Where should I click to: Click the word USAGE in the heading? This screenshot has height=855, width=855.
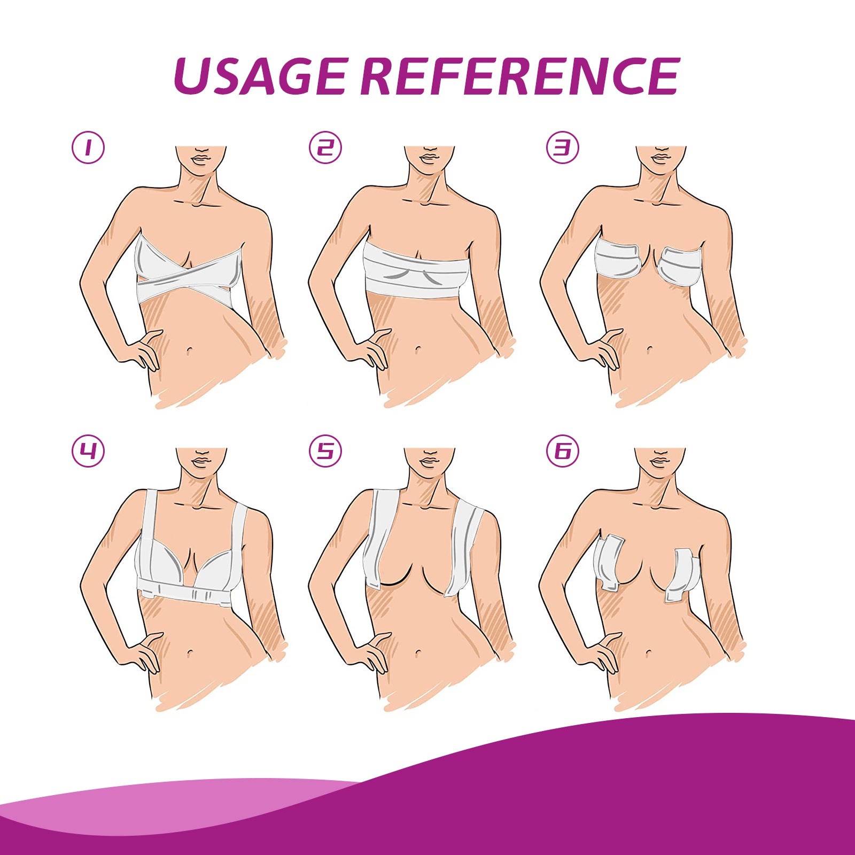[x=260, y=76]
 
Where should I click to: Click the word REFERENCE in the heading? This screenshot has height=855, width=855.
[x=520, y=76]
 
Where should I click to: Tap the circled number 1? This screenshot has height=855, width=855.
[x=88, y=147]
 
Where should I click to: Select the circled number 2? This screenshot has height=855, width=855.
[x=325, y=147]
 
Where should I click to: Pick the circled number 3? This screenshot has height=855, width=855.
[x=562, y=147]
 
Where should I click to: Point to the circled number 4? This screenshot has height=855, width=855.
[x=88, y=451]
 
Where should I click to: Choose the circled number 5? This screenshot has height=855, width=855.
[x=325, y=451]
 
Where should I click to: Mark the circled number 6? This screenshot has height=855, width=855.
[x=562, y=451]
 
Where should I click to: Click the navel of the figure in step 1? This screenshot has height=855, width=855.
[x=190, y=351]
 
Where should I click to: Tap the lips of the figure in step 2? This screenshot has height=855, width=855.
[x=429, y=159]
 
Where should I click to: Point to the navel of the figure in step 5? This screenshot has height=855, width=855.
[x=418, y=653]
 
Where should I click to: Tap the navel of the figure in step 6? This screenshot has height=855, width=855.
[x=649, y=653]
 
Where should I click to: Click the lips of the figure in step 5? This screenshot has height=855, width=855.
[x=429, y=461]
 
